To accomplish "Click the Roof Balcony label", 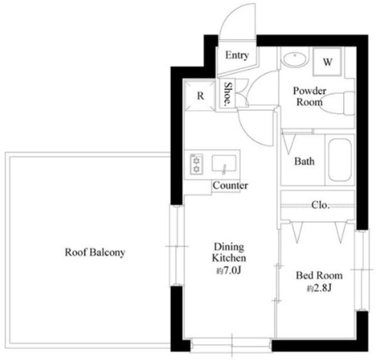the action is click(x=95, y=253).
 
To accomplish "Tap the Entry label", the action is click(x=237, y=55).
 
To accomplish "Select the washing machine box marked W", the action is click(x=327, y=62).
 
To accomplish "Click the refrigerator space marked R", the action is click(x=200, y=96).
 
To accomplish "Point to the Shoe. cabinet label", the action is click(x=228, y=94).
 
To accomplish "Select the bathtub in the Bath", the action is click(x=340, y=160).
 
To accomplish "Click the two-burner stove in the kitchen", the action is click(x=196, y=164).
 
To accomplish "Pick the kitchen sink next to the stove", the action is click(x=224, y=164).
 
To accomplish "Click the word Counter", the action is click(x=230, y=186).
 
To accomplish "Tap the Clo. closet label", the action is click(x=320, y=205).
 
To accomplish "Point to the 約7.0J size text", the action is click(x=229, y=271).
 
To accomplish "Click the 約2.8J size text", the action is click(x=319, y=288).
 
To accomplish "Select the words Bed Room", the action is click(x=319, y=275).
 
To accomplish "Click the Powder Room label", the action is click(x=310, y=96).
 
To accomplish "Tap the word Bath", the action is click(x=304, y=162).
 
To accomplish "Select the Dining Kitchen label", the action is click(x=229, y=253).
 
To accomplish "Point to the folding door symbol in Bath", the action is click(x=289, y=143).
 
